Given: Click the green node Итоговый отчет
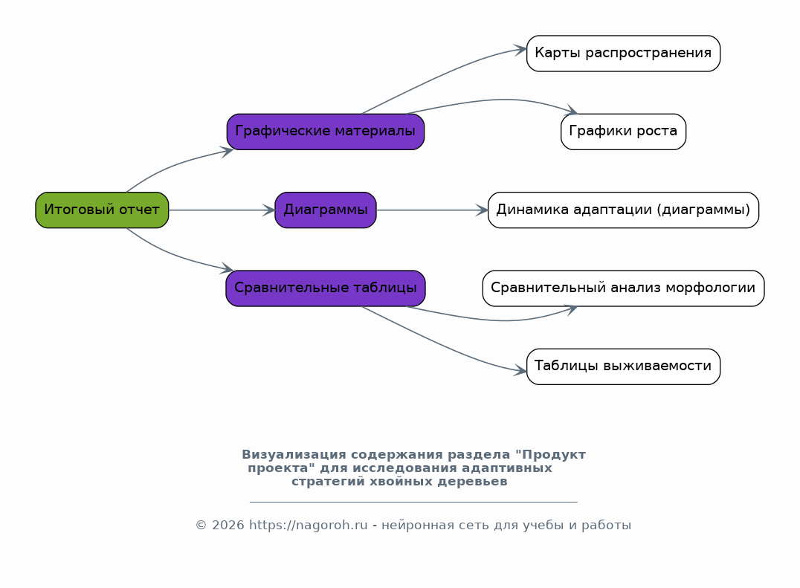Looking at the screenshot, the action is click(102, 210).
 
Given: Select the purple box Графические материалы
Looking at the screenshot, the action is click(326, 132).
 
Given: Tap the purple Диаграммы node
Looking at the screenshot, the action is click(326, 210).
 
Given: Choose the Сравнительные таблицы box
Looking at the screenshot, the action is click(326, 288).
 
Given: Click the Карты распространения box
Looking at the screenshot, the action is click(623, 54).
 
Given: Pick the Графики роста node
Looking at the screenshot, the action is click(623, 132).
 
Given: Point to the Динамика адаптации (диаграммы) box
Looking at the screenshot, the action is click(623, 210).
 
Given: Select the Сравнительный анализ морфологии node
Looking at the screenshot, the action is click(623, 288).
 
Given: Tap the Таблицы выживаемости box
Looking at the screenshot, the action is click(623, 366).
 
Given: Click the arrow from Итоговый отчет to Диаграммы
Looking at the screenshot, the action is click(222, 210).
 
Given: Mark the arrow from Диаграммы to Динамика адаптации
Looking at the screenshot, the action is click(432, 210).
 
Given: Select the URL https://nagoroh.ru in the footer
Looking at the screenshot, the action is click(308, 526).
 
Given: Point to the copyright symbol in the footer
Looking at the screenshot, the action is click(201, 526).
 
